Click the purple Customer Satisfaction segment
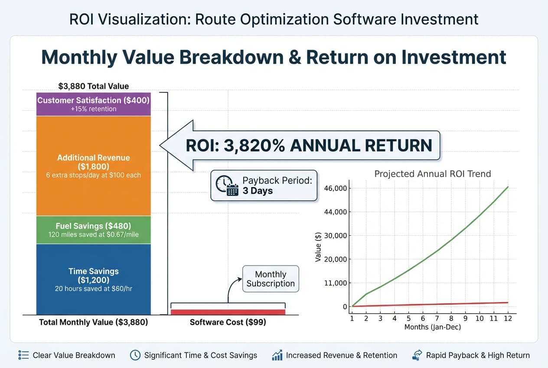pyautogui.click(x=93, y=104)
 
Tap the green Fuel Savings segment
pyautogui.click(x=93, y=230)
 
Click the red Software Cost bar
pyautogui.click(x=228, y=312)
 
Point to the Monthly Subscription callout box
pyautogui.click(x=271, y=279)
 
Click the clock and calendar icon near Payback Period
pyautogui.click(x=227, y=186)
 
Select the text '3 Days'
pyautogui.click(x=258, y=191)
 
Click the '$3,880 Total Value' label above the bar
pyautogui.click(x=93, y=86)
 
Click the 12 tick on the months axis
pyautogui.click(x=508, y=318)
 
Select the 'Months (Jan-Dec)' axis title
pyautogui.click(x=432, y=327)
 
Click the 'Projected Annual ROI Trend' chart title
pyautogui.click(x=432, y=174)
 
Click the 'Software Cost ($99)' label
pyautogui.click(x=228, y=322)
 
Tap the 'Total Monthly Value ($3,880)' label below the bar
pyautogui.click(x=93, y=322)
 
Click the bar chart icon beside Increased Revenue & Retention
pyautogui.click(x=277, y=355)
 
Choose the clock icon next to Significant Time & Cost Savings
pyautogui.click(x=135, y=355)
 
